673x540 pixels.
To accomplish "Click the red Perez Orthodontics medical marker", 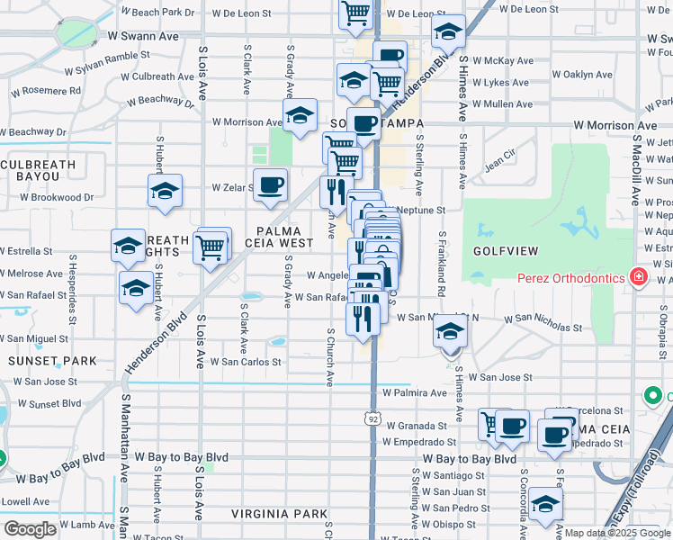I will (x=638, y=276).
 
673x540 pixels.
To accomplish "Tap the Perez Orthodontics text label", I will (x=570, y=277).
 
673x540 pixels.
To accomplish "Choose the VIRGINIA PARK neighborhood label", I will (x=279, y=514).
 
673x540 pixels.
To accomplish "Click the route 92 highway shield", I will (x=372, y=418).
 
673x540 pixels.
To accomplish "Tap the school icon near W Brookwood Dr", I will (x=166, y=191).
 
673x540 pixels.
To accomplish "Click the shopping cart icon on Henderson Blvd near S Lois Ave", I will (x=210, y=246).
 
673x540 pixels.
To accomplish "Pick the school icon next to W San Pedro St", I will (x=545, y=504).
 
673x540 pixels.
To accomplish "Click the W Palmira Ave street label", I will (x=414, y=393).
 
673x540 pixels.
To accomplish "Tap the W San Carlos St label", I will (x=246, y=362).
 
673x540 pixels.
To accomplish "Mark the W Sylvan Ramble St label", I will (x=106, y=55).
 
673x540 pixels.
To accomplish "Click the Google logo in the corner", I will (x=30, y=529).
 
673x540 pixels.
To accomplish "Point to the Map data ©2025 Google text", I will (x=617, y=533).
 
